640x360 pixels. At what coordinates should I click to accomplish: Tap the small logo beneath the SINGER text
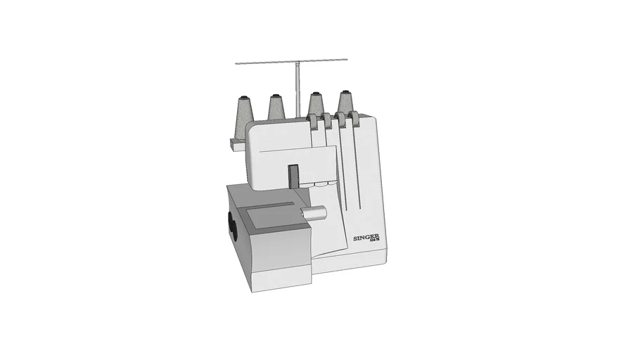pos(376,243)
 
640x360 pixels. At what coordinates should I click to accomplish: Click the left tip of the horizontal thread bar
pos(237,64)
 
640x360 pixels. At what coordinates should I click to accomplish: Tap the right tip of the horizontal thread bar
pos(348,58)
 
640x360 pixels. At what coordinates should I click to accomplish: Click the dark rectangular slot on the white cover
pos(293,176)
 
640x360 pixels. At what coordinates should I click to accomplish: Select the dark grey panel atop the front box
pos(269,218)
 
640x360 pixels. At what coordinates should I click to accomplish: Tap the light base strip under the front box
pos(281,277)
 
